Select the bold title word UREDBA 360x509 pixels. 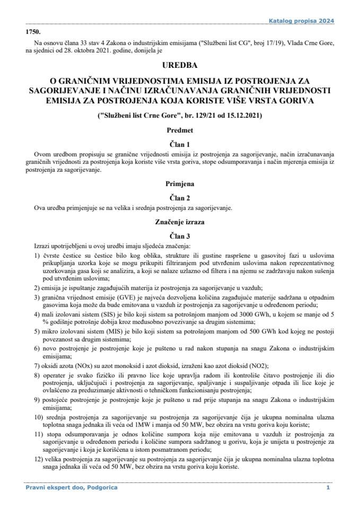[x=180, y=66]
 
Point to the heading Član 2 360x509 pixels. [x=180, y=198]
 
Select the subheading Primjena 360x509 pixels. [x=180, y=185]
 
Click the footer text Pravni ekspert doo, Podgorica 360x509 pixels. [x=71, y=487]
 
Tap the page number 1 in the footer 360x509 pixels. [x=328, y=487]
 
